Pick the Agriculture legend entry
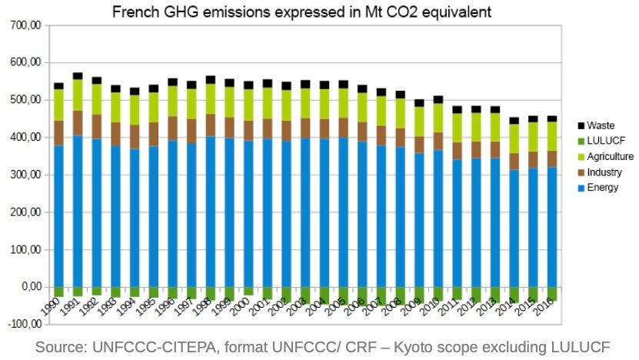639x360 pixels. pyautogui.click(x=609, y=156)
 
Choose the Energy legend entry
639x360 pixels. pyautogui.click(x=602, y=187)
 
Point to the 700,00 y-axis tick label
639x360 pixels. pyautogui.click(x=26, y=25)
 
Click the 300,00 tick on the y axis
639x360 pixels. pyautogui.click(x=26, y=175)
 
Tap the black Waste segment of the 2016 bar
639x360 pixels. pyautogui.click(x=552, y=118)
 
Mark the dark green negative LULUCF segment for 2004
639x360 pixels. pyautogui.click(x=324, y=295)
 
